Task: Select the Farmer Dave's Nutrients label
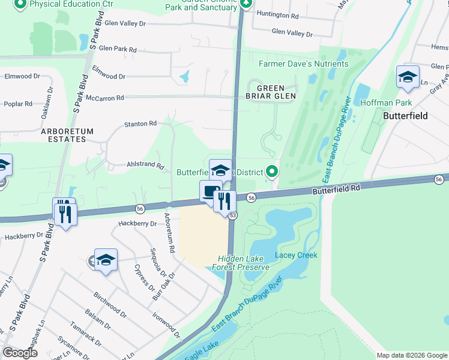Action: coord(303,64)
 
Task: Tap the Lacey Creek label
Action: coord(296,255)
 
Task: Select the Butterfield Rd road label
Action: coord(336,188)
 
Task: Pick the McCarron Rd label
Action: coord(105,97)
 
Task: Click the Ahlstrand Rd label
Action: coord(145,164)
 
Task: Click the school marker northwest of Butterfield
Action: coord(408,77)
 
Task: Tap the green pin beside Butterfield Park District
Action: coord(273,172)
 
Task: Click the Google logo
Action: coord(20,353)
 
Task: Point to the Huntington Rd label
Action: coord(277,13)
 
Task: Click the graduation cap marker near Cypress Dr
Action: coord(106,260)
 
